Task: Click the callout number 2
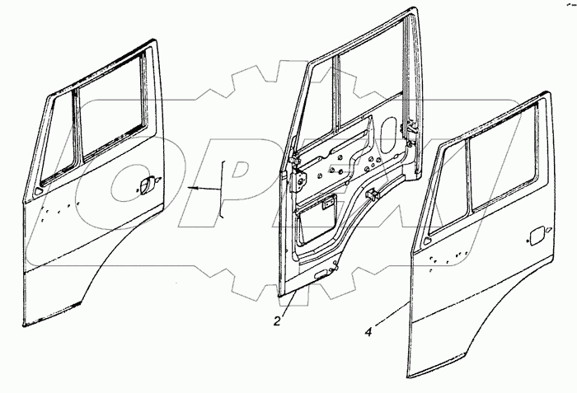click(279, 321)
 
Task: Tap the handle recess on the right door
click(533, 235)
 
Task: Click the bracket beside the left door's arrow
click(222, 189)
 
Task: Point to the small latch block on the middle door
click(372, 196)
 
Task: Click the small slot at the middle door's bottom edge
click(317, 274)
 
